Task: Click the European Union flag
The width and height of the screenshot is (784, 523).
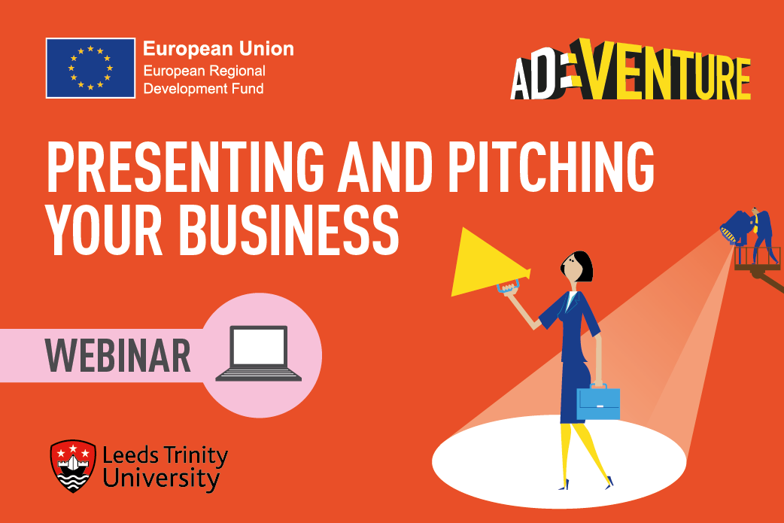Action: [x=90, y=68]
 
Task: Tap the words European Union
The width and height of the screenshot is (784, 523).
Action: [x=218, y=49]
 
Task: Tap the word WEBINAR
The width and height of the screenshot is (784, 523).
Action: [x=118, y=355]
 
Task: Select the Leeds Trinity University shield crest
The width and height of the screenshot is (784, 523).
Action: [x=73, y=466]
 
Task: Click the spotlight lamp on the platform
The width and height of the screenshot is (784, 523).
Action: [x=736, y=227]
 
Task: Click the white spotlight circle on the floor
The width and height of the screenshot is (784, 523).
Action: [x=559, y=461]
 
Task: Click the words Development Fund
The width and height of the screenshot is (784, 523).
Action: [x=203, y=89]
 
